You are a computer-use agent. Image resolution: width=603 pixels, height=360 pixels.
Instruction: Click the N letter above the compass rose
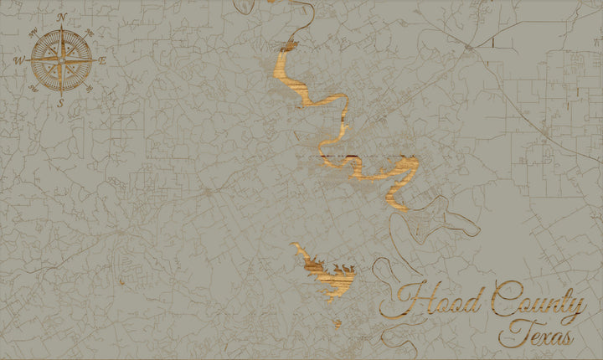[61, 17]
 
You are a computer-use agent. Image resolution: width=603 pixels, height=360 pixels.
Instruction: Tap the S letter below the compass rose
[61, 102]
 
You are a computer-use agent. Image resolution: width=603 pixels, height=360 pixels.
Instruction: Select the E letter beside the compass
[103, 60]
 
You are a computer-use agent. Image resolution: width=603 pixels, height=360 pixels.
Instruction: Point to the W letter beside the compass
[18, 60]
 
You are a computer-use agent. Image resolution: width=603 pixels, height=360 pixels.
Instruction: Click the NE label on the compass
[90, 33]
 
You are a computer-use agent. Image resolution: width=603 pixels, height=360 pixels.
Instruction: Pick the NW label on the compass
[33, 33]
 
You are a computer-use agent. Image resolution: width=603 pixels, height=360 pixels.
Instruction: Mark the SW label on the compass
[33, 88]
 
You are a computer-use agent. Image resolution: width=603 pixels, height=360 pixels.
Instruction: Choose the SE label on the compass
[90, 88]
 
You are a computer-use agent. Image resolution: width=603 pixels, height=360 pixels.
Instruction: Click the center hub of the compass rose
[61, 60]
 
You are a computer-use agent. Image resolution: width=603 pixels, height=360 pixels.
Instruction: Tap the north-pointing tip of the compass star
[61, 29]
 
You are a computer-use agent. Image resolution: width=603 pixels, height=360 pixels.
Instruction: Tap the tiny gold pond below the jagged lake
[338, 323]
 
